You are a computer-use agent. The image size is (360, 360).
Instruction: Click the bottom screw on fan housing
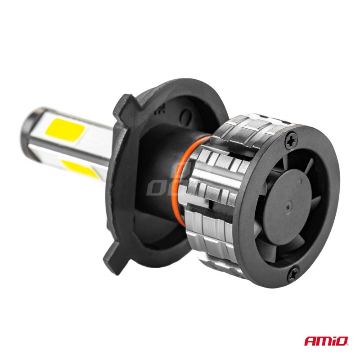[x=294, y=271]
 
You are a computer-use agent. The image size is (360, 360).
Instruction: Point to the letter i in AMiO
[x=332, y=341]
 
